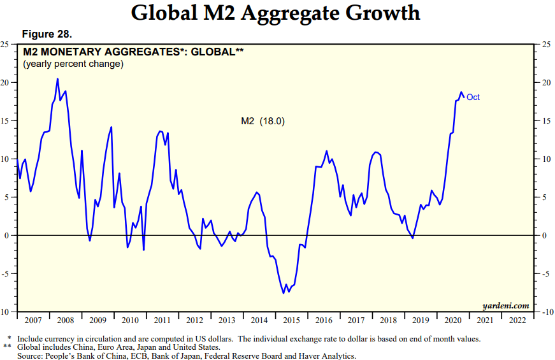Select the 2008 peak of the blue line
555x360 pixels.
[x=57, y=79]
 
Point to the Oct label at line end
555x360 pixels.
[x=473, y=97]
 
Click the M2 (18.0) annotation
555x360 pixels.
[x=263, y=121]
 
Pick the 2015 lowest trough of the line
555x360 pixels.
[x=284, y=293]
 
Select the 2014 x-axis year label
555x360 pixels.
[x=259, y=320]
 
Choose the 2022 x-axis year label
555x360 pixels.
[x=518, y=320]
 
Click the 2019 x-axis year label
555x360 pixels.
[x=421, y=320]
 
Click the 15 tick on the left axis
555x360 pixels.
[x=5, y=120]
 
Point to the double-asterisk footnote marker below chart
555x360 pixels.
[x=8, y=347]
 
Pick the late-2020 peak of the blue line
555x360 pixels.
[x=461, y=92]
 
